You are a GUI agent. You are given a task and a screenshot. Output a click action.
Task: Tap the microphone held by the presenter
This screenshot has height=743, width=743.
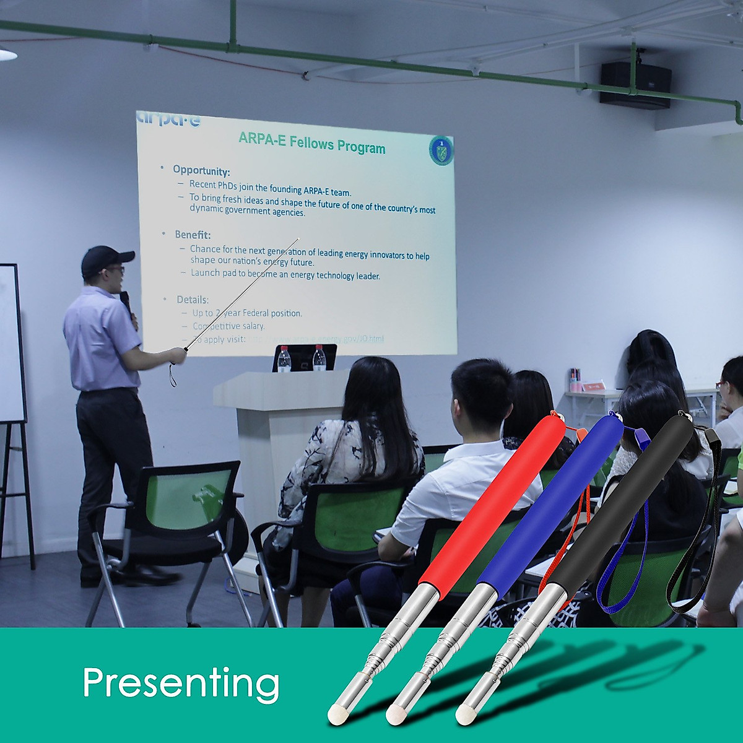(x=126, y=302)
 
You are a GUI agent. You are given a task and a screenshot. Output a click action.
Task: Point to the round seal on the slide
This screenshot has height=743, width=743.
(x=441, y=151)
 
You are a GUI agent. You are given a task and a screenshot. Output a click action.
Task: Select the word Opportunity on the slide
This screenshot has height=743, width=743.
(x=201, y=170)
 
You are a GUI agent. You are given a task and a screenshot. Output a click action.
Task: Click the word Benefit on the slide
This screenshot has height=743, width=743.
(x=193, y=235)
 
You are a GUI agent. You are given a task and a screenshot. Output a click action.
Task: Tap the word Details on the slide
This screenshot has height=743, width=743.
(x=193, y=300)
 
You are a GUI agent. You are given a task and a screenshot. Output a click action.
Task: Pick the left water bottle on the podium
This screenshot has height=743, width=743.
(x=284, y=359)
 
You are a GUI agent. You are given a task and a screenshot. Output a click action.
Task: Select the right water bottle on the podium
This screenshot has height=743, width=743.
(x=319, y=358)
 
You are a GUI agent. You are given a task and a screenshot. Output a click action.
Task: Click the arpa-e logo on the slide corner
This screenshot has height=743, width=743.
(x=168, y=119)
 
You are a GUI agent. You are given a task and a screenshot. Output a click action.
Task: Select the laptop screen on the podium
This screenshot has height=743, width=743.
(x=304, y=357)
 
